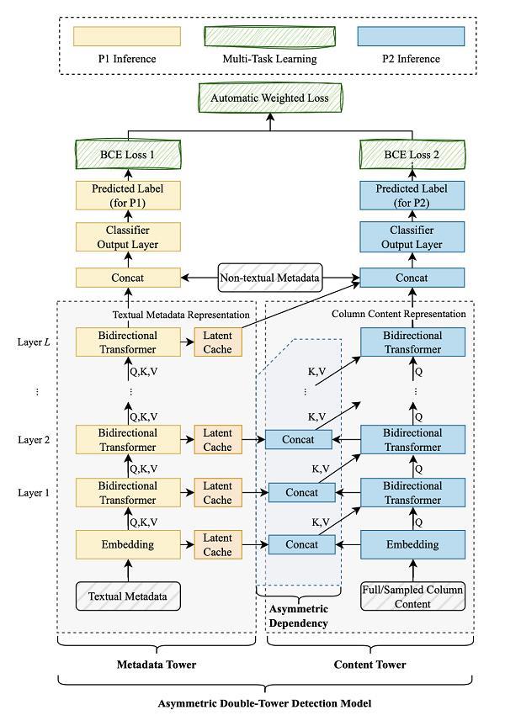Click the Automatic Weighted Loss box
[270, 98]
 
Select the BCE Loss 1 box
[128, 154]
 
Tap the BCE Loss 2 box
[412, 154]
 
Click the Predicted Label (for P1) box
[128, 195]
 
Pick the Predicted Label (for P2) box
[412, 195]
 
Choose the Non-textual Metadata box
[270, 278]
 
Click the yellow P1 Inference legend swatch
[128, 36]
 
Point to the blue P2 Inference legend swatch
[412, 36]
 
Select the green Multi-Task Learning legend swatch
[270, 36]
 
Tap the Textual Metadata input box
[128, 596]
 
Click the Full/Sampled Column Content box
[412, 596]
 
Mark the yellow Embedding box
[128, 544]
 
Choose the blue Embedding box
[412, 544]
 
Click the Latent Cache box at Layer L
[217, 342]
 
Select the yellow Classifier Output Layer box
[128, 236]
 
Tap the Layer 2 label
[34, 439]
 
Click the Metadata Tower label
[157, 665]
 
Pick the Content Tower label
[370, 665]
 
